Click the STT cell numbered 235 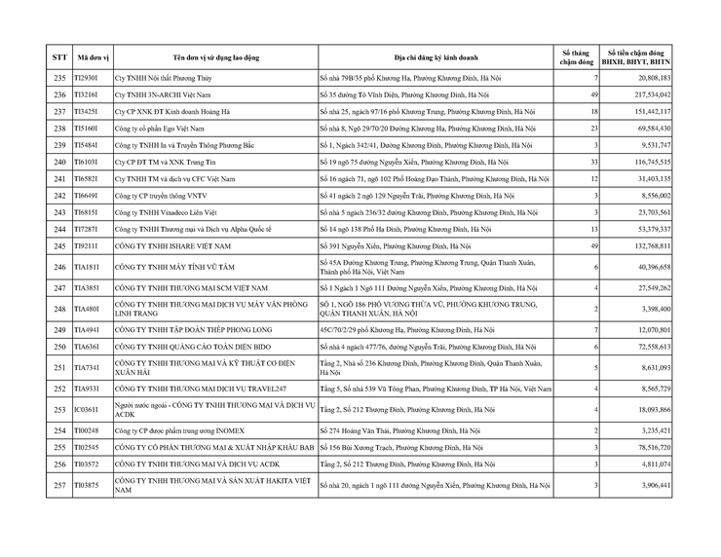(59, 77)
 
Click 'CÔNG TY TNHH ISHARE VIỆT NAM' (175, 246)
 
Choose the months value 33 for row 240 (591, 162)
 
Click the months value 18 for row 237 (591, 111)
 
